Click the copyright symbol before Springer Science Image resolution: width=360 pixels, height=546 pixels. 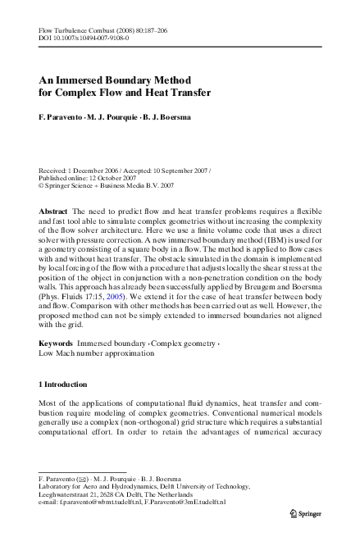point(42,164)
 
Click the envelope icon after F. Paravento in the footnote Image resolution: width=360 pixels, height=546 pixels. point(82,476)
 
